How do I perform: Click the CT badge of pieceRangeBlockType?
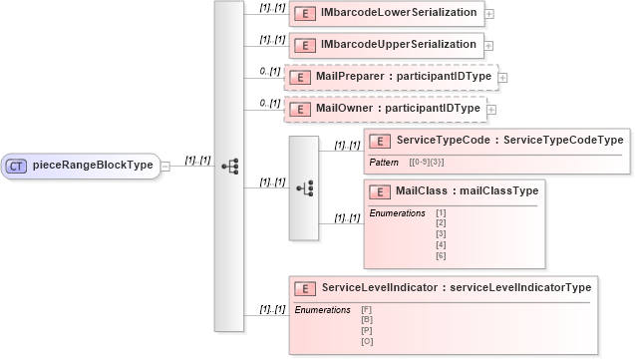tap(17, 166)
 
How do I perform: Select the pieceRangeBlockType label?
tap(92, 166)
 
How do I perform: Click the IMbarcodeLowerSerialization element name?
tap(398, 13)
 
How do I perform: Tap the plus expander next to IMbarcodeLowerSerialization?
tap(488, 15)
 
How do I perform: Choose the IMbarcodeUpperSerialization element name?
tap(398, 45)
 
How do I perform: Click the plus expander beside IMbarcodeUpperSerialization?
tap(488, 47)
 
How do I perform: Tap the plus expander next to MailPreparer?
tap(503, 78)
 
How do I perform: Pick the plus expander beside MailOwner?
tap(488, 110)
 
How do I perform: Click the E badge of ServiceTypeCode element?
tap(380, 142)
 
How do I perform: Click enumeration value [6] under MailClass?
tap(441, 256)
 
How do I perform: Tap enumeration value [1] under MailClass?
tap(441, 212)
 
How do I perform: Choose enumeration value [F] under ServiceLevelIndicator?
tap(367, 310)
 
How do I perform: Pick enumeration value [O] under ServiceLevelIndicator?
tap(367, 341)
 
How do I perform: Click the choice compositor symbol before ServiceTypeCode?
tap(304, 187)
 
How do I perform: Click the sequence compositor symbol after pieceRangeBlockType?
tap(228, 166)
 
